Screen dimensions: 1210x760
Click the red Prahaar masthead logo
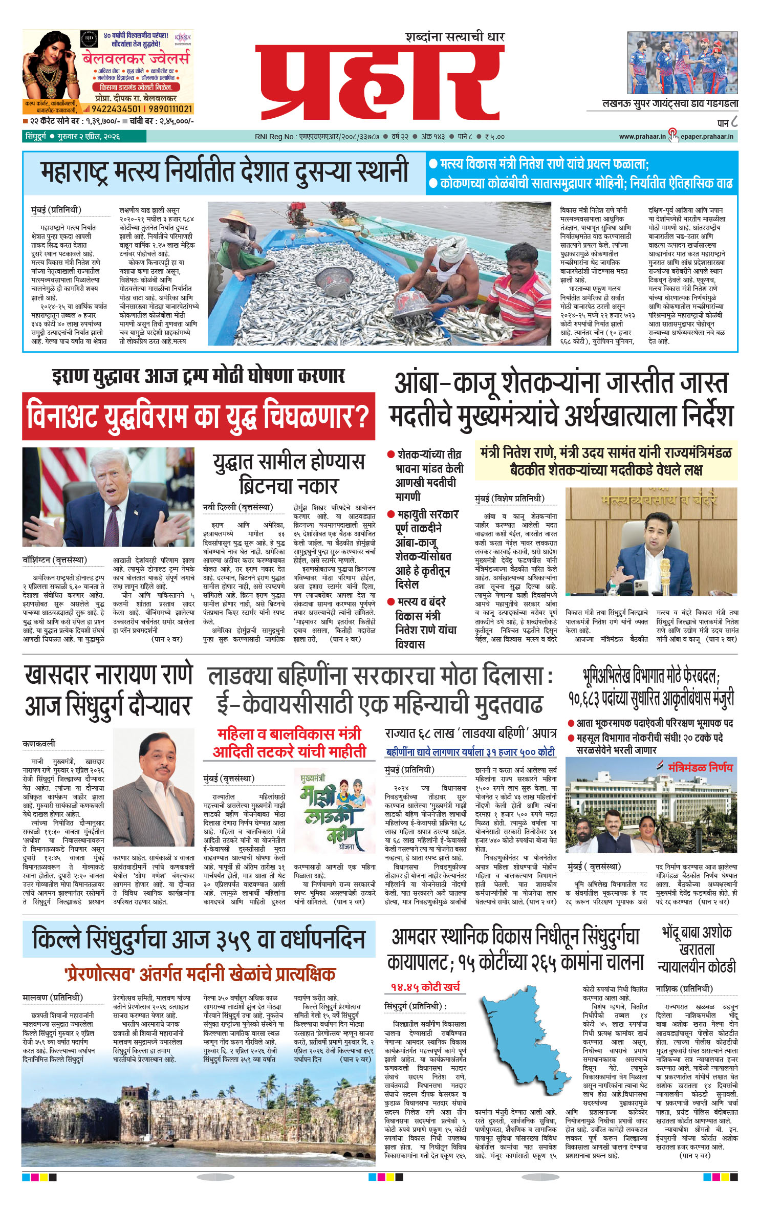(380, 82)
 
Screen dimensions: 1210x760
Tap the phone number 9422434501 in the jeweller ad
(116, 109)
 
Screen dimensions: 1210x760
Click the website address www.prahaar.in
(642, 137)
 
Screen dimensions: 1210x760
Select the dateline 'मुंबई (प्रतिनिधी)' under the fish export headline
(56, 210)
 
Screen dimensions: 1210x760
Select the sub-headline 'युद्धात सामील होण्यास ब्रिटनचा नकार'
(289, 473)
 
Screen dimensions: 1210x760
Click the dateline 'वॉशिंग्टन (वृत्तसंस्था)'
(55, 560)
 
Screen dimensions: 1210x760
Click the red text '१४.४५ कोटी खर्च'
(425, 986)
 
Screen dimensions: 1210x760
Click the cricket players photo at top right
(683, 63)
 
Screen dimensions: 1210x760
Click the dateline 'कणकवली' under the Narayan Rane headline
(39, 743)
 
